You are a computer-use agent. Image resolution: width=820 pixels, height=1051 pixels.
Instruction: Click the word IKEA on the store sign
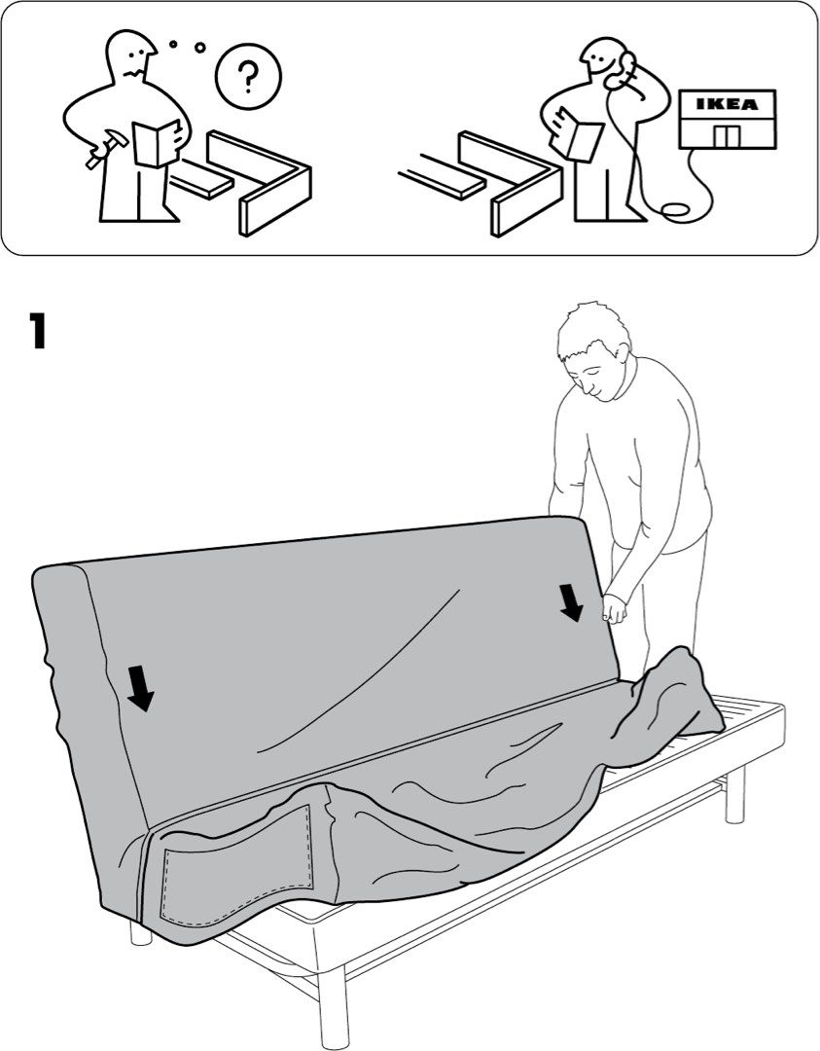(x=729, y=103)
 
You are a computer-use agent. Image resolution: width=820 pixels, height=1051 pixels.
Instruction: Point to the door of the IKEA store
(x=726, y=135)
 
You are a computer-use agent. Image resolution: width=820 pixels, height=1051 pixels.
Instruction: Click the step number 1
(x=37, y=331)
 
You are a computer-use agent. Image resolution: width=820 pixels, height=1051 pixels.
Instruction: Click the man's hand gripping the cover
(x=614, y=609)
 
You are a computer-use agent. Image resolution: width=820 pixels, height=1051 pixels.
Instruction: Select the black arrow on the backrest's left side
(x=142, y=688)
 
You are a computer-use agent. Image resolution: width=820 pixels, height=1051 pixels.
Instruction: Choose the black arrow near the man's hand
(x=572, y=600)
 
